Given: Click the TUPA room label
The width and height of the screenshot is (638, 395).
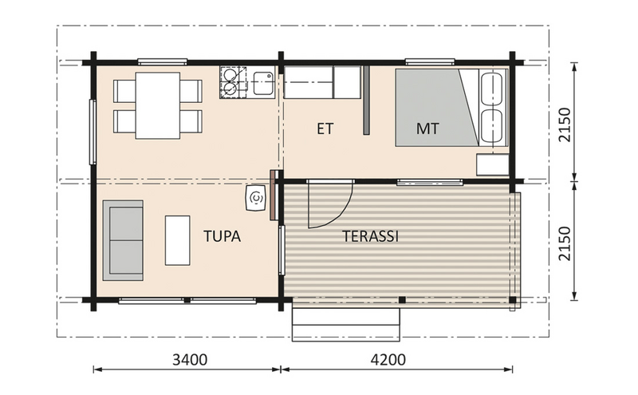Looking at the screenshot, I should click(222, 236).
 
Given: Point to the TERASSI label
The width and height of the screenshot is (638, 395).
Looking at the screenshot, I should click(370, 236).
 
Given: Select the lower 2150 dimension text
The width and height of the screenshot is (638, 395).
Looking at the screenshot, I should click(565, 242).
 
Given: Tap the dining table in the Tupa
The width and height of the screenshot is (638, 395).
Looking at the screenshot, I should click(157, 105).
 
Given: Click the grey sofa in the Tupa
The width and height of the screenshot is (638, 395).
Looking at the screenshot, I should click(123, 239).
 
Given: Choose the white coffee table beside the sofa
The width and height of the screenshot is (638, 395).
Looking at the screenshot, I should click(177, 239).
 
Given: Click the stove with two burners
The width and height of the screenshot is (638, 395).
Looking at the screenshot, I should click(232, 82).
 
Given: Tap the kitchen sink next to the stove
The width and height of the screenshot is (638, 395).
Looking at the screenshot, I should click(262, 81).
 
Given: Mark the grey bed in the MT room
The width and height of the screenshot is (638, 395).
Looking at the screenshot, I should click(435, 108).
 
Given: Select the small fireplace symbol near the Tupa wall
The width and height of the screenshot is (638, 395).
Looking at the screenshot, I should click(256, 198).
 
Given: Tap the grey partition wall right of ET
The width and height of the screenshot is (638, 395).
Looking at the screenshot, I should click(366, 100).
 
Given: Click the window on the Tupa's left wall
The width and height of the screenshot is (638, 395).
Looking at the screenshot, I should click(93, 132).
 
